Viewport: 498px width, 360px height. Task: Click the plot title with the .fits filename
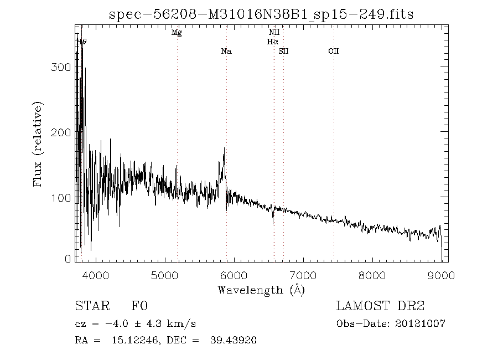click(262, 14)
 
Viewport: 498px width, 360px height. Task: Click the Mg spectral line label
click(177, 33)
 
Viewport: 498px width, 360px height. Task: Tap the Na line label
click(226, 52)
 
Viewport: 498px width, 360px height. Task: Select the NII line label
click(274, 33)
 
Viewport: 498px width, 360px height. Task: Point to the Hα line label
click(272, 42)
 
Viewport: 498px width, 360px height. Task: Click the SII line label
click(284, 52)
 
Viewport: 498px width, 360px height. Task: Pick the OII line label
click(333, 52)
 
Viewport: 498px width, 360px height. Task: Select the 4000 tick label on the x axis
click(95, 275)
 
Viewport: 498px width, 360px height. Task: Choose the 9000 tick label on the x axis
click(441, 275)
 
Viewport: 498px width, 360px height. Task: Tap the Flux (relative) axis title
click(38, 144)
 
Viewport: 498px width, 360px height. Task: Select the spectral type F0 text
click(139, 306)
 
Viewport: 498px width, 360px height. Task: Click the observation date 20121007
click(422, 323)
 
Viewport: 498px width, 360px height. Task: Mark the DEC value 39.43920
click(233, 340)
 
